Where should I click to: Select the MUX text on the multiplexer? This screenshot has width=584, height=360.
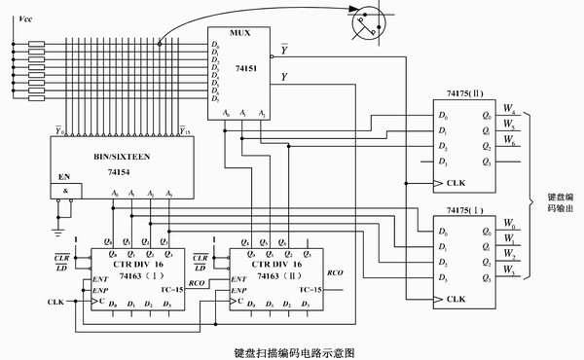click(240, 32)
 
